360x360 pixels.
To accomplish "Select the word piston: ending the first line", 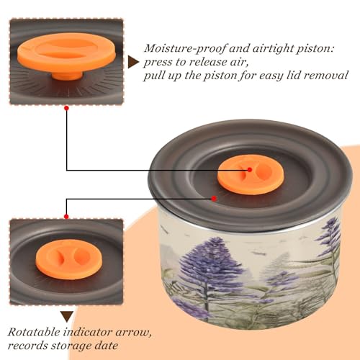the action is (315, 49).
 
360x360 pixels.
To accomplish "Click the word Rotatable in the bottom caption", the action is (34, 332).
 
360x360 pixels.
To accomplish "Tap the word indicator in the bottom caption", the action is (88, 332).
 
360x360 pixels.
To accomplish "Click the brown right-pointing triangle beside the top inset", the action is (132, 62).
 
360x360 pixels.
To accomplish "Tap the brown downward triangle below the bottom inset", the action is (67, 317).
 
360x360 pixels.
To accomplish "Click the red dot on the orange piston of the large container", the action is (250, 170).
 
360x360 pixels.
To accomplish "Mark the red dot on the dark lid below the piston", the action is (214, 199).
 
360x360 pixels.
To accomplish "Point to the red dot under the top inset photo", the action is (67, 108).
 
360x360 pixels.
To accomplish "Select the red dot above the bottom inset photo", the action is (66, 217).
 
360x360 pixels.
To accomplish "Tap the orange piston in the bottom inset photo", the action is (69, 259).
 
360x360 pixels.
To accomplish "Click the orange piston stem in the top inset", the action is (67, 75).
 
